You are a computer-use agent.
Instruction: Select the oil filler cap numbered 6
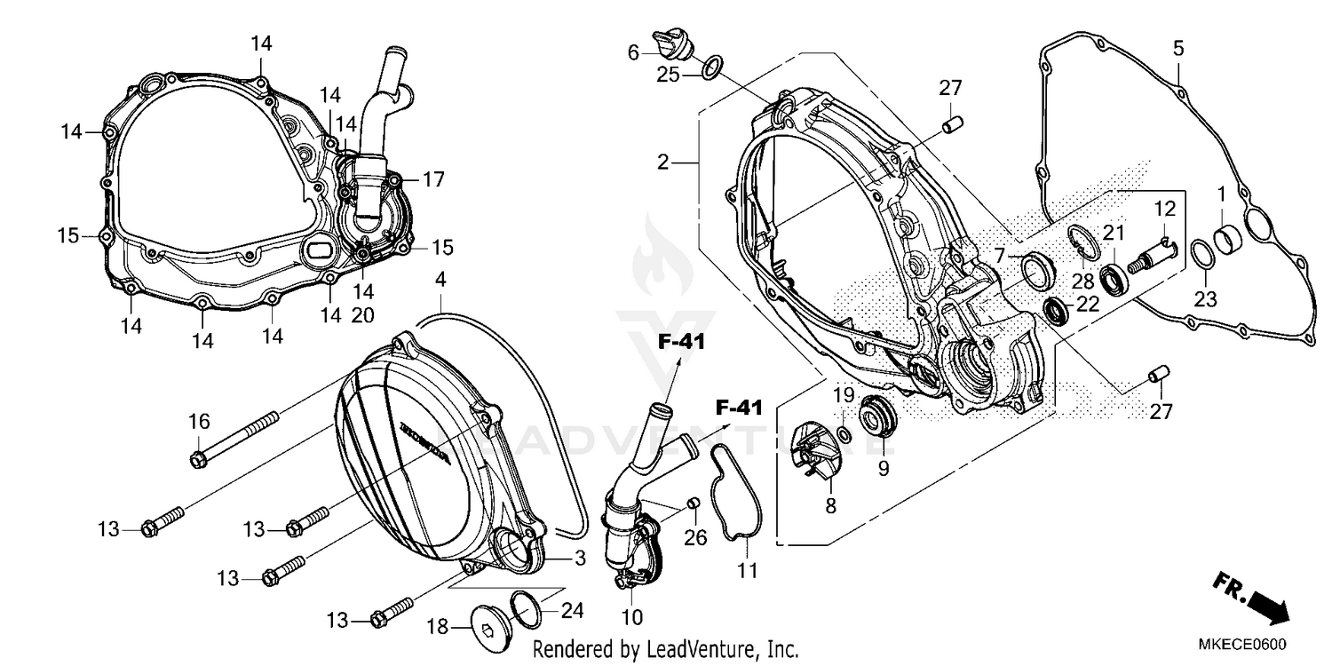[667, 44]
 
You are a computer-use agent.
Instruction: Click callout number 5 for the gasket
[1178, 49]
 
